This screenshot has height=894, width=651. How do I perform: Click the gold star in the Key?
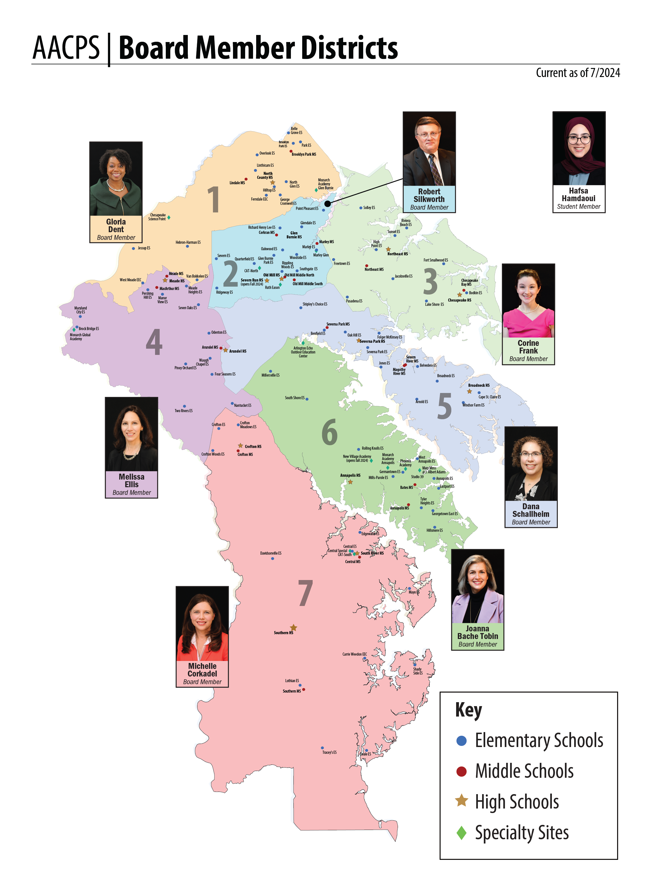(x=461, y=801)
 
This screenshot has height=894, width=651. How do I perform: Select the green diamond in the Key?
(x=461, y=833)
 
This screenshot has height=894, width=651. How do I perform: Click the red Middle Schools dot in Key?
(x=461, y=771)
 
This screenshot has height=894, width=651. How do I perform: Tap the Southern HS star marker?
(x=293, y=627)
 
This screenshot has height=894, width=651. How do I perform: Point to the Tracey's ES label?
(x=329, y=752)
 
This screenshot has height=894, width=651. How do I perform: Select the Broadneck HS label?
(x=479, y=385)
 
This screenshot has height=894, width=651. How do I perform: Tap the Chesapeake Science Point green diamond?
(x=169, y=217)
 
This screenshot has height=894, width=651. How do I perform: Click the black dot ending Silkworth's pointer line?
(x=327, y=203)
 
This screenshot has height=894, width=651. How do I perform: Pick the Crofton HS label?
(x=253, y=446)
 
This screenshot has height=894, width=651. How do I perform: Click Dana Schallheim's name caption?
(x=531, y=510)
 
